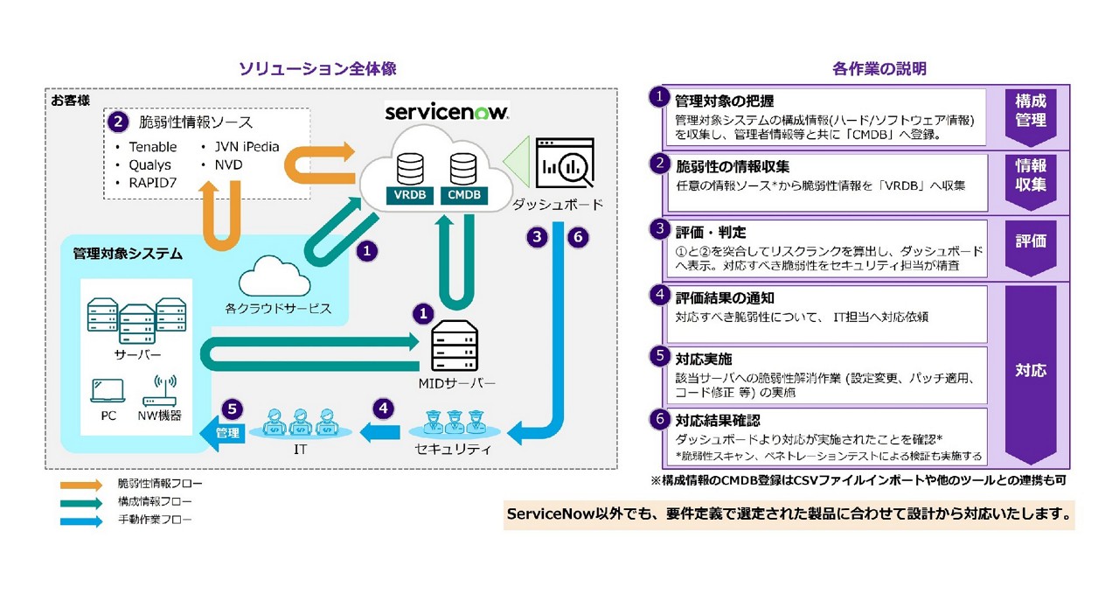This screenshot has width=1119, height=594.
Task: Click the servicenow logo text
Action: coord(447,113)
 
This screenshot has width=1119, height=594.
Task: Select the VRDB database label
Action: coord(410,195)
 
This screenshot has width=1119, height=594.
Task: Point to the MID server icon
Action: coord(455,346)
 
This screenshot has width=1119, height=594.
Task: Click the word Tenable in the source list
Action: coord(152,147)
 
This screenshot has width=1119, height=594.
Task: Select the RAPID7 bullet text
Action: coord(149,182)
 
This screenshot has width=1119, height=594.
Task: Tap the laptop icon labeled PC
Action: coord(108,390)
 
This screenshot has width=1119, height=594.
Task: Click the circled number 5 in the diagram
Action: coord(231,408)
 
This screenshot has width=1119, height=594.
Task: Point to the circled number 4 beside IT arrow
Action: coord(382,408)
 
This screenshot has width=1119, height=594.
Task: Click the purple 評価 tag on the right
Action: coord(1031,241)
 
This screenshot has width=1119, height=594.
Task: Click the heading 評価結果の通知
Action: coord(712,298)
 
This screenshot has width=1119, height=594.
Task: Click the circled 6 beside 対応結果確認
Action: coord(660,420)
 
